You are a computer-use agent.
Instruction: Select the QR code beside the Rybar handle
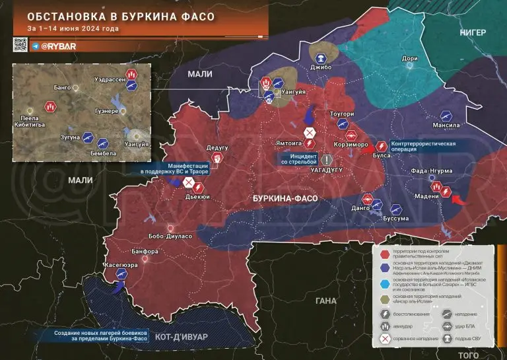point(18,45)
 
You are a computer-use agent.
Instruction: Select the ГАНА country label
point(326,301)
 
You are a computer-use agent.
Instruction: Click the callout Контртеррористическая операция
point(423,146)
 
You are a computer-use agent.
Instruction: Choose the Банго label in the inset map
point(62,87)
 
